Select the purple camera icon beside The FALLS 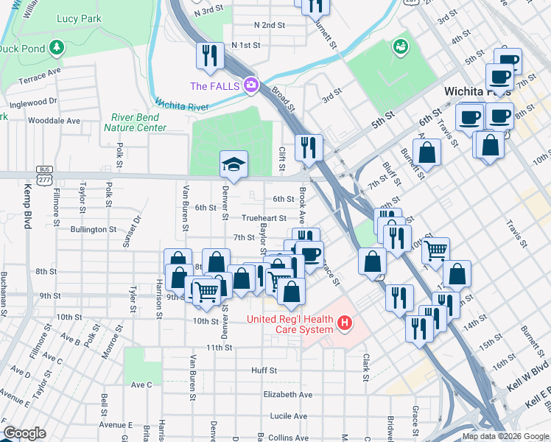(251, 85)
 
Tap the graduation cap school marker (234, 165)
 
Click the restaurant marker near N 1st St (209, 57)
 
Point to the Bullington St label (94, 230)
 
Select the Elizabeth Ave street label (288, 394)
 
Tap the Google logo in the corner (24, 432)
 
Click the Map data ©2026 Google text (505, 436)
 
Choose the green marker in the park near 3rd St (401, 48)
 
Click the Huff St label (264, 371)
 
